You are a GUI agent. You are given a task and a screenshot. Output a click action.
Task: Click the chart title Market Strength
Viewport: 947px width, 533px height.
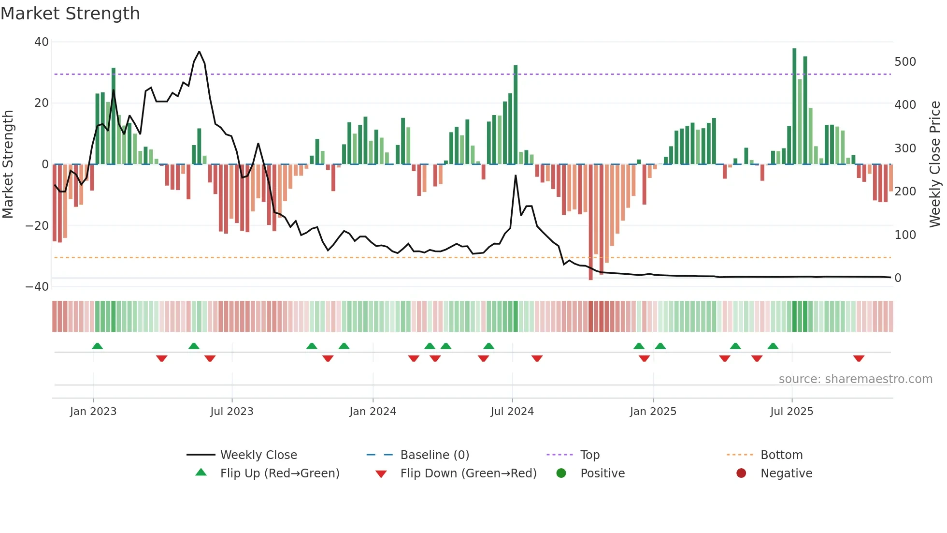70,14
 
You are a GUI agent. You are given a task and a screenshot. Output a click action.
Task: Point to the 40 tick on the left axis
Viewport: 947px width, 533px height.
42,42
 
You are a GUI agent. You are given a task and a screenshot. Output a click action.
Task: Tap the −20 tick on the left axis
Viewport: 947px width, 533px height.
37,226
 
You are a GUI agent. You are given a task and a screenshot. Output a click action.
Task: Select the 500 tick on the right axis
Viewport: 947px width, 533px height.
905,62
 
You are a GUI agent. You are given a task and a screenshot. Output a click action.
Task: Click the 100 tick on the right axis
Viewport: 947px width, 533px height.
905,235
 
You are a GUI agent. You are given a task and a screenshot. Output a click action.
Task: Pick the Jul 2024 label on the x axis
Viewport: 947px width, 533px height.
512,412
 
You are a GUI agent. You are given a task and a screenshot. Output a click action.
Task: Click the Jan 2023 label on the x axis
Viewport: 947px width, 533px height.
93,412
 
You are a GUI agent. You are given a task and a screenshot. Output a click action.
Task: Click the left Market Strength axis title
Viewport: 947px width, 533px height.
8,164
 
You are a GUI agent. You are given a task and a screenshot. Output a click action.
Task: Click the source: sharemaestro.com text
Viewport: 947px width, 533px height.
855,379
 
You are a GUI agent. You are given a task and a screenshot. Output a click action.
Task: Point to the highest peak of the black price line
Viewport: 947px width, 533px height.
199,52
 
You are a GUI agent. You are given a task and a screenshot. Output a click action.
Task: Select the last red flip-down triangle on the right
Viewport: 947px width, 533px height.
859,358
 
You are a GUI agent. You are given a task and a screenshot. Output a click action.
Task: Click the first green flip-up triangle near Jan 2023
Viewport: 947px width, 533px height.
97,346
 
